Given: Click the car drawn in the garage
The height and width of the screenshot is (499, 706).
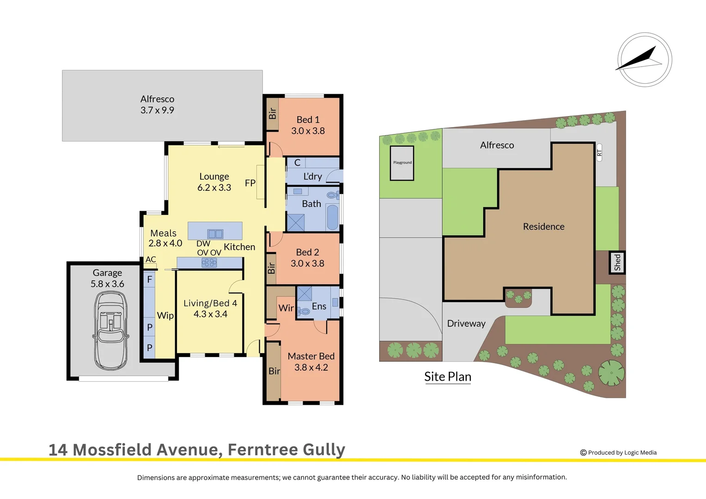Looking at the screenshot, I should [111, 330].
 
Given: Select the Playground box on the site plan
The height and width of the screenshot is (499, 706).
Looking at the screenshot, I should [402, 163].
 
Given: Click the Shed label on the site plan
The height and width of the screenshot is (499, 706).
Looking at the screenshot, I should [617, 262].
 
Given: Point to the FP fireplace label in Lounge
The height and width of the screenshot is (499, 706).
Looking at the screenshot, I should [250, 183].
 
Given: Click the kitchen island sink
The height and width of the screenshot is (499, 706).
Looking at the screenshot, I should [215, 234].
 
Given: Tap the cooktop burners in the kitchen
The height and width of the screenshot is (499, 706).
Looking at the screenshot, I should [209, 263].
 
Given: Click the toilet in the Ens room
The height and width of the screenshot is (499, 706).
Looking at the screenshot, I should [304, 311].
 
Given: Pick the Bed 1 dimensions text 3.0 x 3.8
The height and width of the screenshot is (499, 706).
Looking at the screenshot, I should [308, 131].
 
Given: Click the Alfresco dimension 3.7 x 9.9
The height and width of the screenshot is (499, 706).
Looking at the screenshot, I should [157, 110].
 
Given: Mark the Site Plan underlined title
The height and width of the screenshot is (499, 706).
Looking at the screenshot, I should [448, 377].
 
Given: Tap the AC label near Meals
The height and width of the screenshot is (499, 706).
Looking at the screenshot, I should [151, 259].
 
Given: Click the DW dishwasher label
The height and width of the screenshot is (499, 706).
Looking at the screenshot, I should [203, 243].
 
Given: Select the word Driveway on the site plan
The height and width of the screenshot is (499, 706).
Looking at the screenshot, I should [466, 323].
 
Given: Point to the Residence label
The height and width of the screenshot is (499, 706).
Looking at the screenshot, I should [543, 226].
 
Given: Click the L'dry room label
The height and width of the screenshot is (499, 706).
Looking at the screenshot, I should [313, 176].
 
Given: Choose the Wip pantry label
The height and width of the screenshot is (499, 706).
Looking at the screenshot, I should [165, 316].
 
